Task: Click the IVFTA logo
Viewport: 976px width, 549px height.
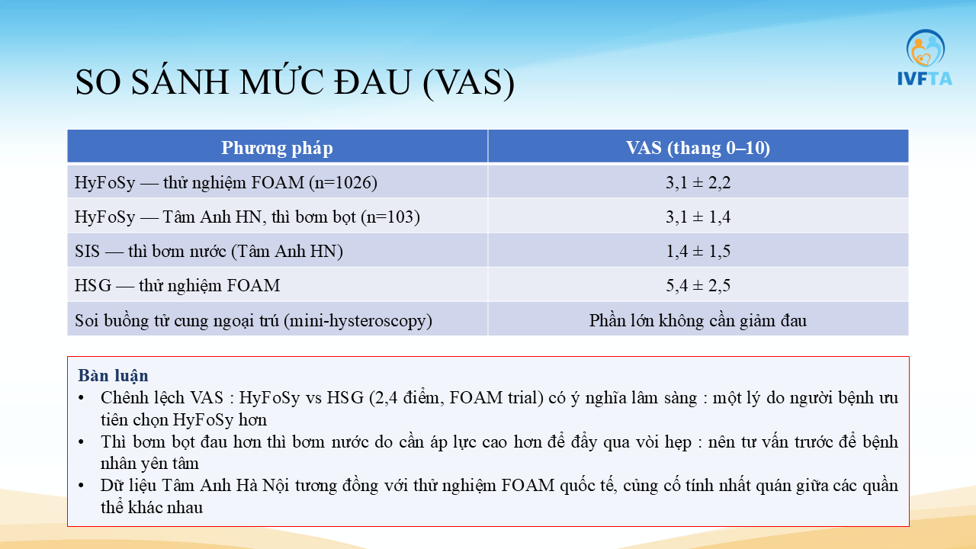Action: pyautogui.click(x=925, y=57)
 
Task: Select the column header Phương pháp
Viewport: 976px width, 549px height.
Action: pyautogui.click(x=277, y=148)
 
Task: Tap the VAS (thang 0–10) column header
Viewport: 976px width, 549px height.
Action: pyautogui.click(x=698, y=148)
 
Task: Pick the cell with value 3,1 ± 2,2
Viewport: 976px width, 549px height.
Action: pyautogui.click(x=698, y=182)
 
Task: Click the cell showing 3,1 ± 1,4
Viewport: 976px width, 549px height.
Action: pyautogui.click(x=698, y=217)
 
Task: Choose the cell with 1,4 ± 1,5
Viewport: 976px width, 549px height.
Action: pyautogui.click(x=698, y=251)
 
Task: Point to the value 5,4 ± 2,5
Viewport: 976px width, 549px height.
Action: pyautogui.click(x=698, y=285)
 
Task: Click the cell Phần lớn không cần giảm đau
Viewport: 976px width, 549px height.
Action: pyautogui.click(x=698, y=320)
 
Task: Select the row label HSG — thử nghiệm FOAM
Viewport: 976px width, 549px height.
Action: pyautogui.click(x=178, y=285)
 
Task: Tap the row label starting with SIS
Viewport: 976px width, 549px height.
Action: pyautogui.click(x=209, y=251)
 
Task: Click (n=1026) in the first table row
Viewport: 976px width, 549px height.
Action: pyautogui.click(x=343, y=182)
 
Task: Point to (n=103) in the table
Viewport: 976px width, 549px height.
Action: pyautogui.click(x=390, y=217)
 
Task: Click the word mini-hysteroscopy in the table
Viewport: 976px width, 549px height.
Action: pyautogui.click(x=358, y=321)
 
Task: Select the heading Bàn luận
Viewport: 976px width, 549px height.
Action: pyautogui.click(x=114, y=375)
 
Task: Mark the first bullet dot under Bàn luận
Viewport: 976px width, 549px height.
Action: pyautogui.click(x=81, y=398)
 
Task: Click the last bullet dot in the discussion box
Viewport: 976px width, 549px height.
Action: pyautogui.click(x=81, y=486)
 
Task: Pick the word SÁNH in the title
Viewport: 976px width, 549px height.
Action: pyautogui.click(x=179, y=82)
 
